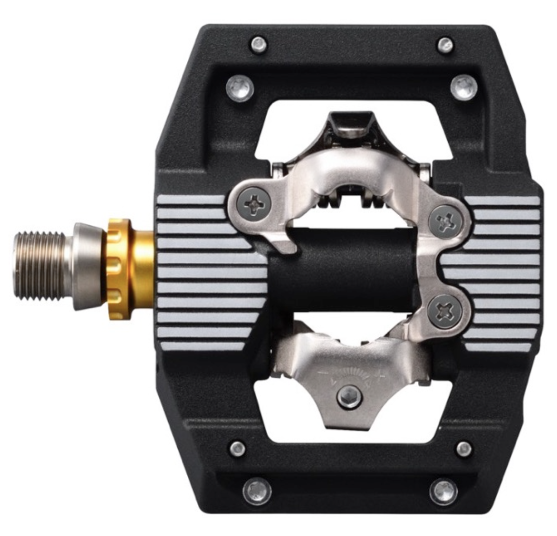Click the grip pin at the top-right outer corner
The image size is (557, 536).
click(x=444, y=45)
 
